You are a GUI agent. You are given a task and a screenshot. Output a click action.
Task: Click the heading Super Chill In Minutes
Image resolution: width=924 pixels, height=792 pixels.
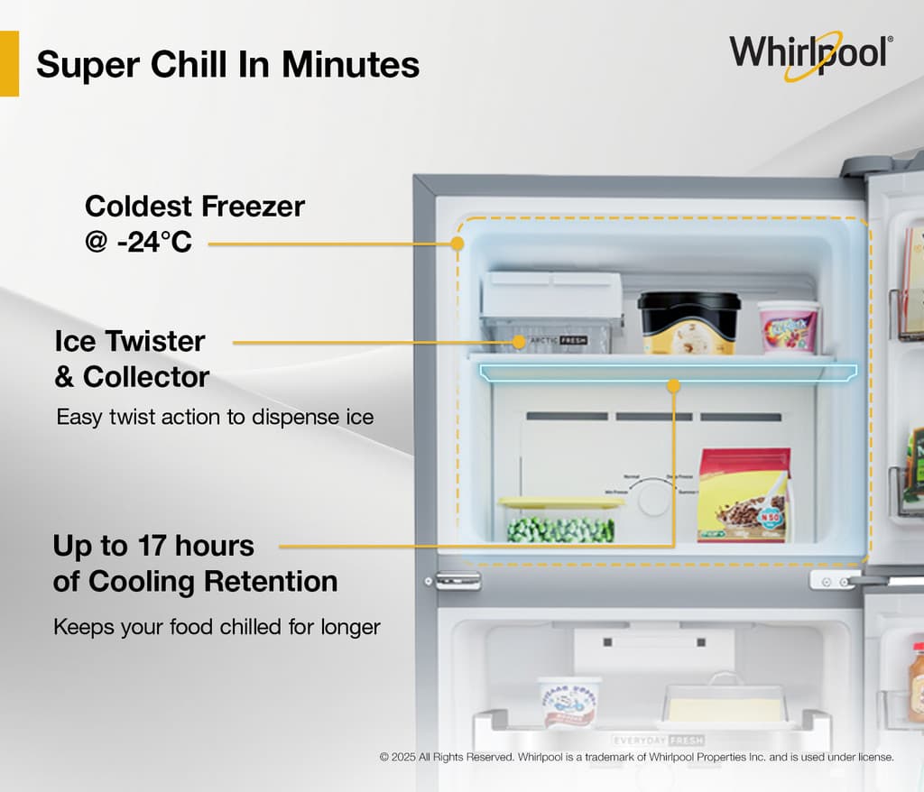[227, 65]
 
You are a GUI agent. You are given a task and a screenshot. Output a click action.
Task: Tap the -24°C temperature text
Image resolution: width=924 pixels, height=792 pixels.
[153, 242]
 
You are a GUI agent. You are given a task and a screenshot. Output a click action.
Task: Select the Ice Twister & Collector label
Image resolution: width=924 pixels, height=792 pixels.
[132, 359]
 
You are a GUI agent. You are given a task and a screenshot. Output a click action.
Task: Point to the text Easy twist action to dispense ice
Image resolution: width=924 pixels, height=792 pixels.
[215, 418]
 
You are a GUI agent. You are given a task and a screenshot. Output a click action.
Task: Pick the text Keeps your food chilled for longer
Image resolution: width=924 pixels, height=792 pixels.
[217, 626]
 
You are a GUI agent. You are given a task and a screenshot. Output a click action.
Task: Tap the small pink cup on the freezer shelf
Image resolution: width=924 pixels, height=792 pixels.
[789, 327]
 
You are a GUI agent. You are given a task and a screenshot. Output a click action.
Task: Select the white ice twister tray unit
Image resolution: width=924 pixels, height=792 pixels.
[551, 309]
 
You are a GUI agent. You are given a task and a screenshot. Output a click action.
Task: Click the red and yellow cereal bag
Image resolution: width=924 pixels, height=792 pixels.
[744, 495]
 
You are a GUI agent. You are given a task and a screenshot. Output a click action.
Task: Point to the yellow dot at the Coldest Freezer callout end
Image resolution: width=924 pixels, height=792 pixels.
[457, 243]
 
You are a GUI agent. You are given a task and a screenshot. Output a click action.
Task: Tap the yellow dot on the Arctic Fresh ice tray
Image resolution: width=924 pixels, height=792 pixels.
[519, 342]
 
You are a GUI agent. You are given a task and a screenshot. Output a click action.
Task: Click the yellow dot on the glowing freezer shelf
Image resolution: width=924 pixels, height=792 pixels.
[673, 386]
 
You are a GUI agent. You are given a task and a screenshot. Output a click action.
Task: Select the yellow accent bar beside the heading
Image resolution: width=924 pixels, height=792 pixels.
[9, 63]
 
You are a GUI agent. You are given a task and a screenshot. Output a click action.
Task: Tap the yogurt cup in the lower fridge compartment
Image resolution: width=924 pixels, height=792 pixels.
[569, 700]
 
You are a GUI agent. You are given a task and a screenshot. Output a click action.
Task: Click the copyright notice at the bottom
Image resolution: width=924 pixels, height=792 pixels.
[636, 758]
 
